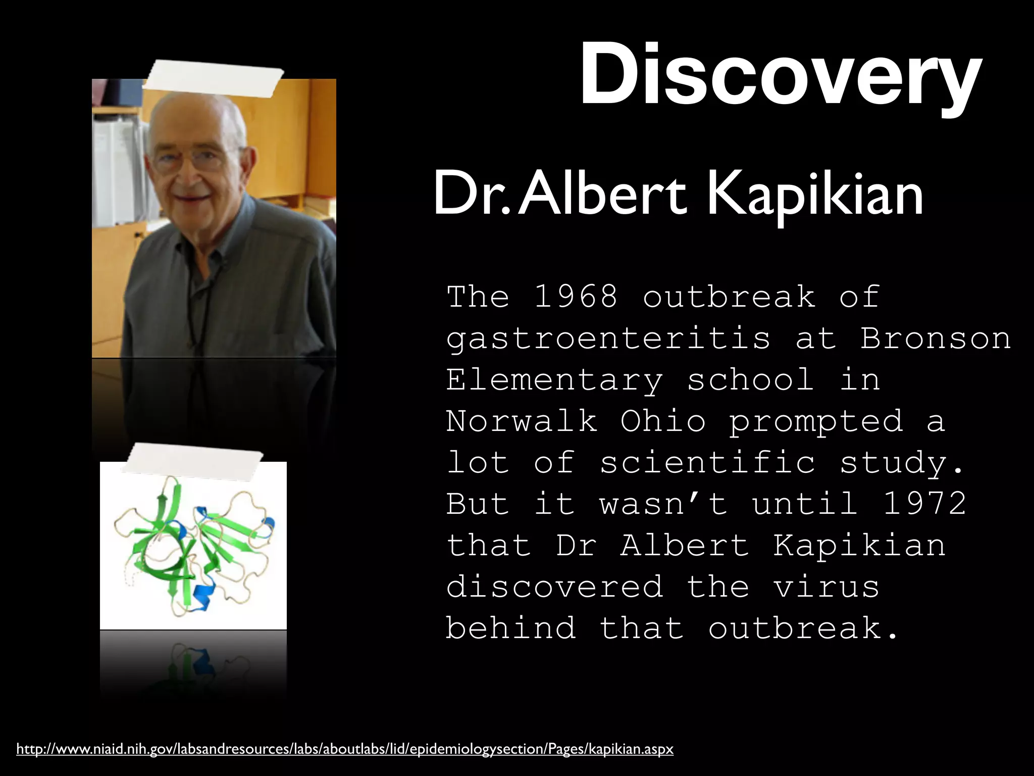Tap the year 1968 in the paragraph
(x=576, y=297)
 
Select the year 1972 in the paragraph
(x=925, y=504)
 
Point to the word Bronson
(x=936, y=338)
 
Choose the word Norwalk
(x=521, y=421)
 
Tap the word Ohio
(x=662, y=421)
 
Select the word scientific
(x=707, y=462)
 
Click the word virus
(x=826, y=587)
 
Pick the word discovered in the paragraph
(x=554, y=587)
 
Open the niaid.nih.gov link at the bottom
(x=345, y=749)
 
